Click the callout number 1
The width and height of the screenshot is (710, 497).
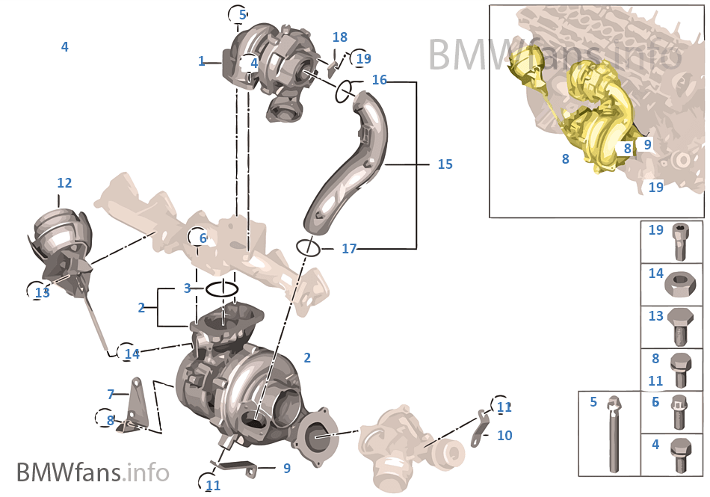point(201,61)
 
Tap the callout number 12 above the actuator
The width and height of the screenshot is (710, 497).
point(64,183)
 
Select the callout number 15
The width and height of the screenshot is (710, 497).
point(445,164)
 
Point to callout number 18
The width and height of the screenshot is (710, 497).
point(340,37)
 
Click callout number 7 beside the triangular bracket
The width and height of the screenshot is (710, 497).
point(111,394)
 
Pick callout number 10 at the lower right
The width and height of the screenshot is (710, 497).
point(504,435)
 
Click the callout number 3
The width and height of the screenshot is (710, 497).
point(188,288)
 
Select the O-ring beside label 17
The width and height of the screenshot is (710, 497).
point(309,247)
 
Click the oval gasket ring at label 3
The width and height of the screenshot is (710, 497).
point(222,289)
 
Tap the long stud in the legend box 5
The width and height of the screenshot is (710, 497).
point(614,437)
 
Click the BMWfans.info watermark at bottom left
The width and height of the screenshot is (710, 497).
point(93,472)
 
